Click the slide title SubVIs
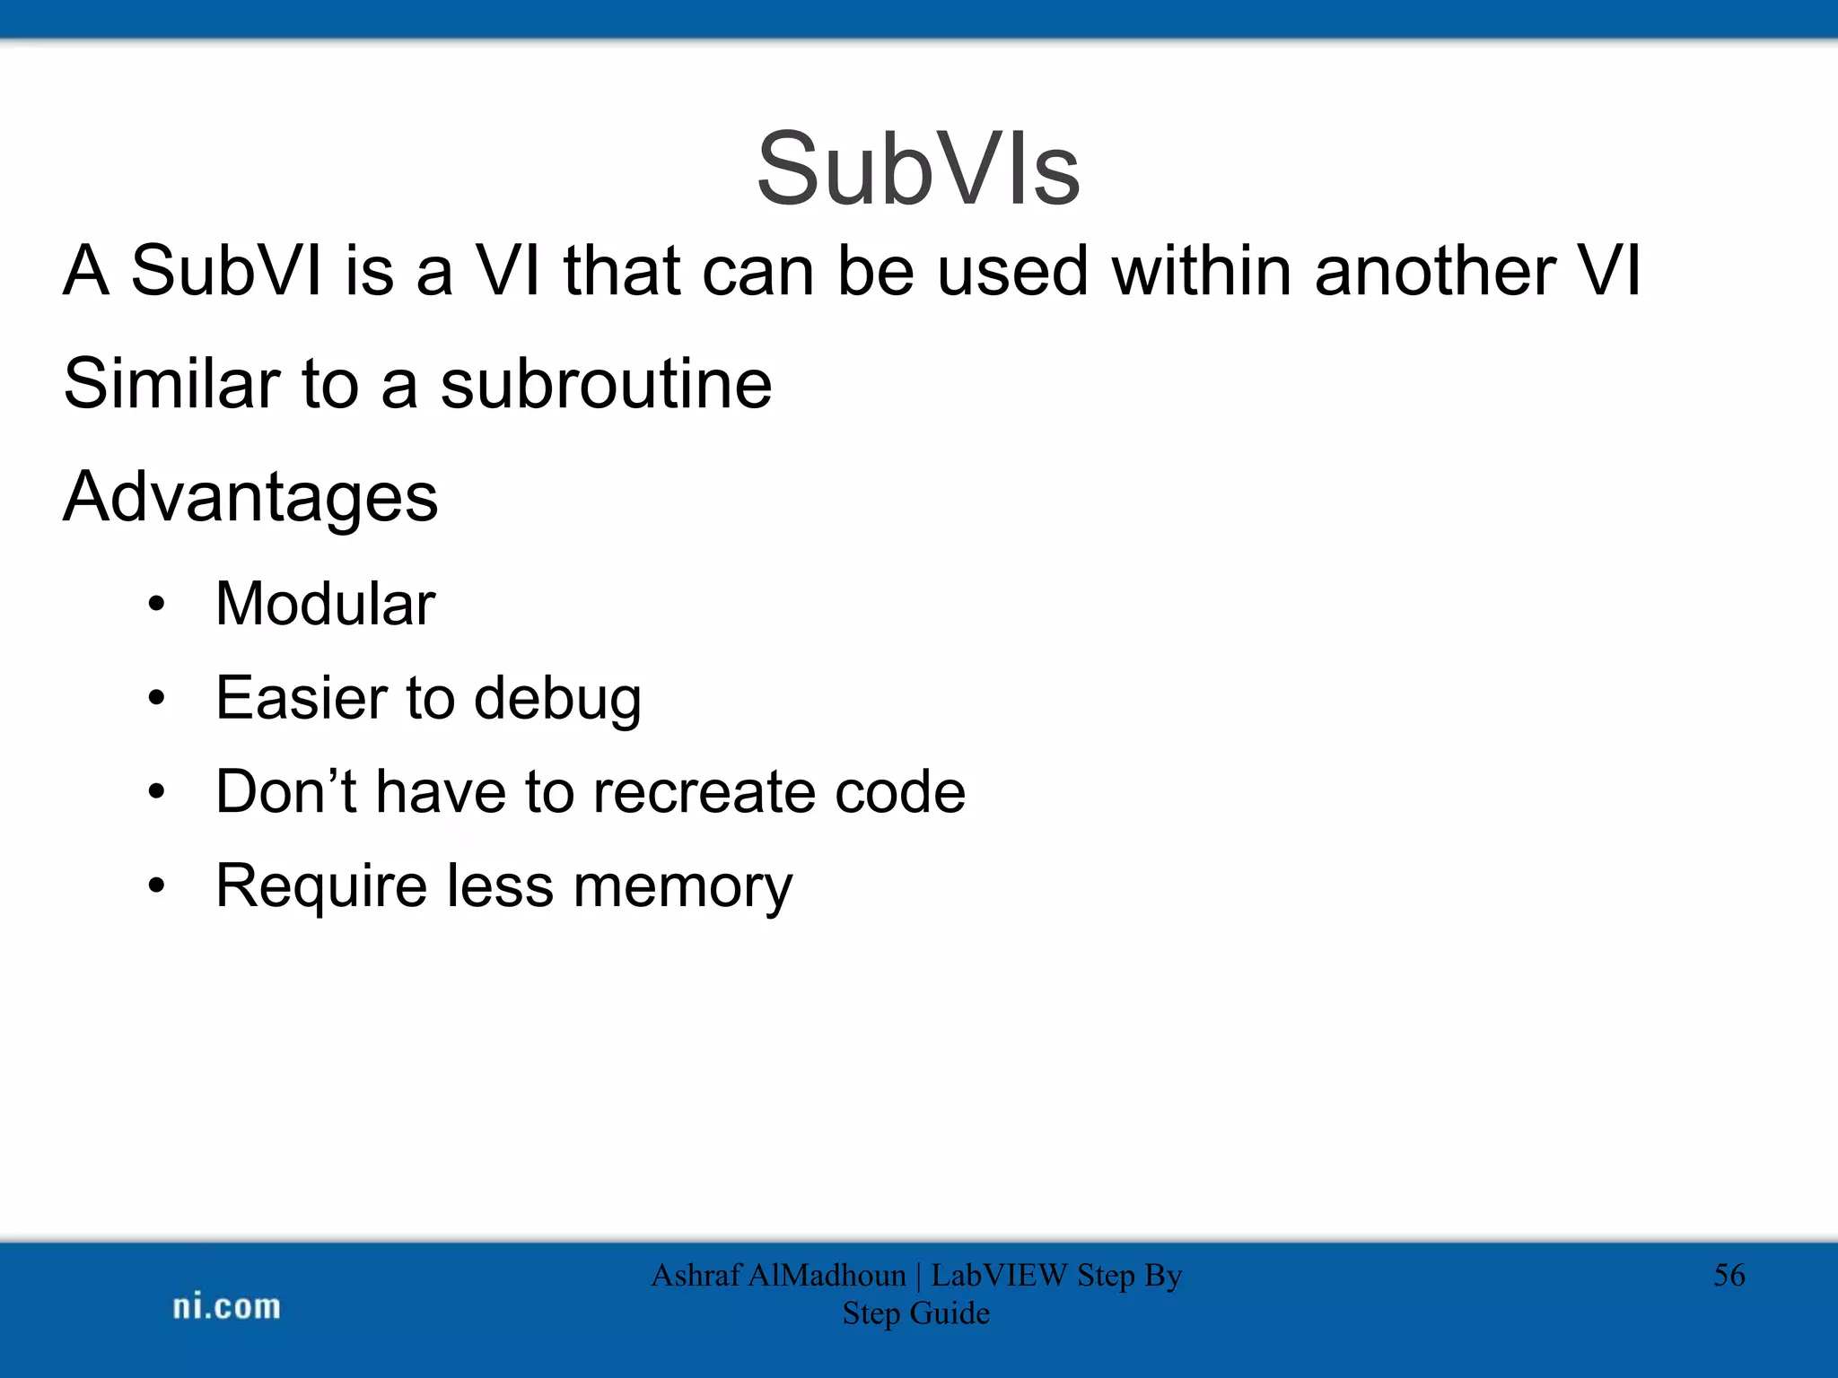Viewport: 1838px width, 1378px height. [x=918, y=169]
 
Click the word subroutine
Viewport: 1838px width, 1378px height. [x=606, y=384]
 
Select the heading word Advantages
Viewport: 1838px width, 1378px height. [x=250, y=497]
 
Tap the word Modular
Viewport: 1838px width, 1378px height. [x=325, y=604]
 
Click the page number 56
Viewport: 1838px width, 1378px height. [x=1729, y=1275]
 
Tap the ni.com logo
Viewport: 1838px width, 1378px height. [x=226, y=1306]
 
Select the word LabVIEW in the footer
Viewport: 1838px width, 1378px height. [x=999, y=1275]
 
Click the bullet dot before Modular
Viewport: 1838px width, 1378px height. [x=157, y=605]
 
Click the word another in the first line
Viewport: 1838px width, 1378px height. [x=1435, y=270]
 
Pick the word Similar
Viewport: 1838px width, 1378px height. [x=171, y=384]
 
